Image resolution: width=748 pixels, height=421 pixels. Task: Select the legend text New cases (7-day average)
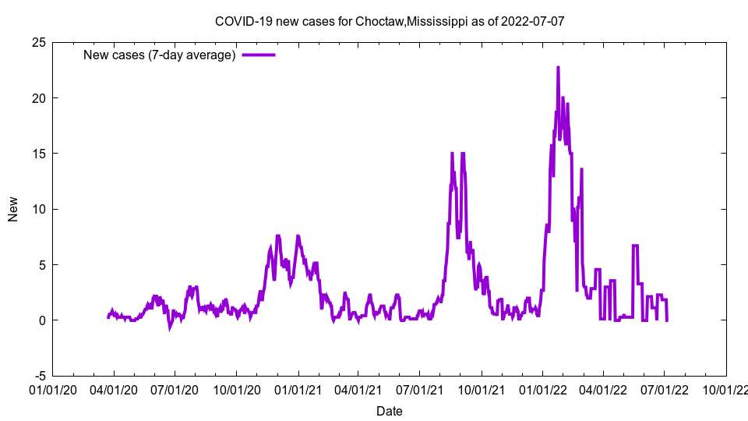159,55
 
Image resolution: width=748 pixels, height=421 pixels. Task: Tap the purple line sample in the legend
259,55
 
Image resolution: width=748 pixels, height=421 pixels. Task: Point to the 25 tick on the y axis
38,42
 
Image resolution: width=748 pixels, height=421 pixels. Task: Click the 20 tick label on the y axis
38,97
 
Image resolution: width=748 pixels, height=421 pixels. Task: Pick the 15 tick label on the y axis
38,154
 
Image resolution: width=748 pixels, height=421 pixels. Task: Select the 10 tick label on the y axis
38,209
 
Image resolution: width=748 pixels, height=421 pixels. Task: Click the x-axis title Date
390,411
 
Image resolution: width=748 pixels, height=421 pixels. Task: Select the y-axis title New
13,209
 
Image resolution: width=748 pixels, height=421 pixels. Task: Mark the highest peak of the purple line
558,68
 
